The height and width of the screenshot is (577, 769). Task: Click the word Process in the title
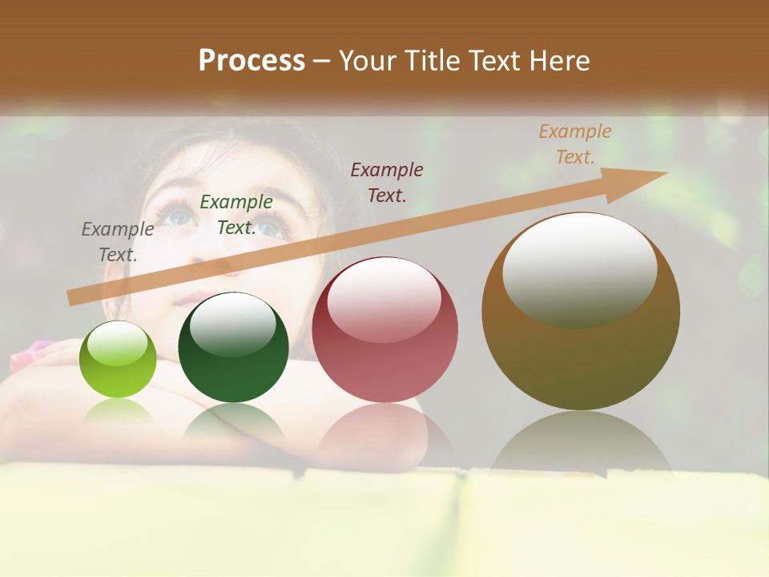[x=252, y=61]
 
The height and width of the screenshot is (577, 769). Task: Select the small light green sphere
[x=118, y=359]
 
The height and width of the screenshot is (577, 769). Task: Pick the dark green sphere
[x=233, y=348]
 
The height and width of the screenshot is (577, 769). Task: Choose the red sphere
[x=384, y=330]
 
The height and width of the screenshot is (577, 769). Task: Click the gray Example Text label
[x=118, y=241]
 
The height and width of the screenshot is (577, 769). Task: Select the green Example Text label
[x=236, y=215]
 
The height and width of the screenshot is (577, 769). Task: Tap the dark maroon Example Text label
[x=387, y=182]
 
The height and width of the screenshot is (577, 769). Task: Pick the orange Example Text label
[x=574, y=144]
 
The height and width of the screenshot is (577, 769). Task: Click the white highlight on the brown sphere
[x=580, y=269]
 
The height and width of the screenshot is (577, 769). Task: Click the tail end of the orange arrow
[x=74, y=297]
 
